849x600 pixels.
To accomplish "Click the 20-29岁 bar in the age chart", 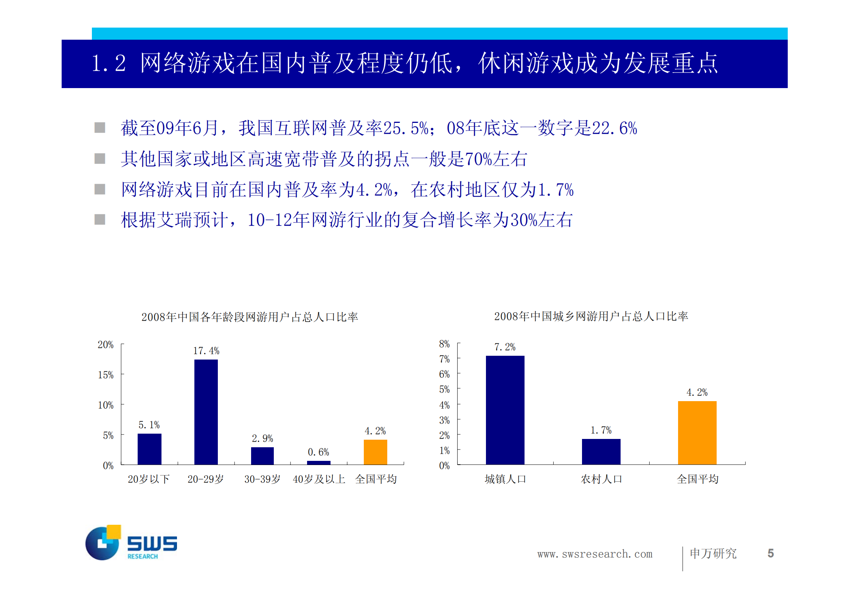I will click(x=206, y=412).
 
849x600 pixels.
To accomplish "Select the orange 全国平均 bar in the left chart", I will click(x=375, y=452).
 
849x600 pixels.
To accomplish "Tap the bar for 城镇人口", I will click(x=505, y=410).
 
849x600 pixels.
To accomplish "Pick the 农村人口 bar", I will click(x=601, y=451).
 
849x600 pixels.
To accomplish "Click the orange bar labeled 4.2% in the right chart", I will click(x=697, y=433).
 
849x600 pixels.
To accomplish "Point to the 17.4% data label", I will click(x=206, y=351).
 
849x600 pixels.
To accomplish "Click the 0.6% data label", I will click(x=318, y=452).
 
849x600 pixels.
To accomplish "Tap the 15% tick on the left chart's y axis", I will click(x=106, y=375).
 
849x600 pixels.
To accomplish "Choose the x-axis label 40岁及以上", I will click(x=319, y=479).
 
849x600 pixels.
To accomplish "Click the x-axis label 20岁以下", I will click(x=149, y=479).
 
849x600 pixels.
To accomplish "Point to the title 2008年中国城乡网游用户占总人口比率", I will click(x=591, y=316).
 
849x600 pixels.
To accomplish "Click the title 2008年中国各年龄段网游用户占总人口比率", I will click(x=250, y=317).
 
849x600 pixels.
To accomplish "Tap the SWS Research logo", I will click(x=131, y=543).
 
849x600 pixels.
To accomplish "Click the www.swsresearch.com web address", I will click(x=594, y=554).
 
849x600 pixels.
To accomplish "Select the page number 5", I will click(x=770, y=553).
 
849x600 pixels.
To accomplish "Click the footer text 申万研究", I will click(x=713, y=553).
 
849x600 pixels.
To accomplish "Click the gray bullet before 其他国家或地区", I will click(x=100, y=158).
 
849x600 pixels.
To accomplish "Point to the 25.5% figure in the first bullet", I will click(x=406, y=129).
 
